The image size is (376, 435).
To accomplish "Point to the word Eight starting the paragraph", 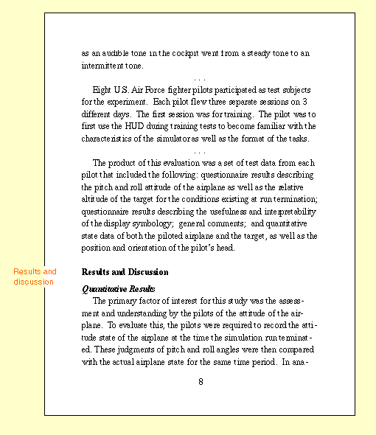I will [103, 89].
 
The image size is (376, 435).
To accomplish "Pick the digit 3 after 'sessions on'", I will [305, 101].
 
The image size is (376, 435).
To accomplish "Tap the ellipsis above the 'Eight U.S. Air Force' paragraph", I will [199, 77].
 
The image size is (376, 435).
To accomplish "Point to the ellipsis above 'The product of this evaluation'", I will [199, 151].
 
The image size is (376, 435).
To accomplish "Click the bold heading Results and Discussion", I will [125, 272].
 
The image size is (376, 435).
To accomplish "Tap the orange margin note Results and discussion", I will [34, 276].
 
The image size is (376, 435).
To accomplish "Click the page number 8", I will [200, 381].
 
